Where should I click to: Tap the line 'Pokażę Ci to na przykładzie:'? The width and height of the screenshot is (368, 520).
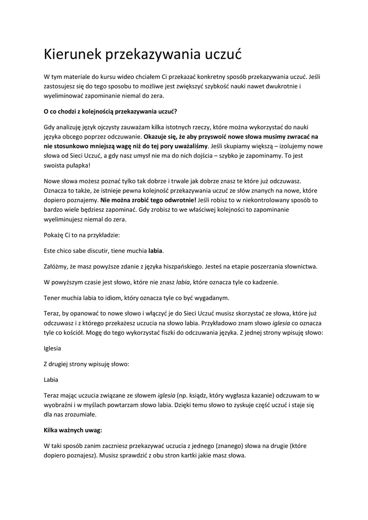[x=82, y=235]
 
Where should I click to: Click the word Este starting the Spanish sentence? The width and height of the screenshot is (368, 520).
[x=50, y=251]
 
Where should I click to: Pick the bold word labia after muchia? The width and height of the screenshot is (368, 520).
[x=156, y=251]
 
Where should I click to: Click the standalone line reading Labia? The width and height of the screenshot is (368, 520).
[x=51, y=379]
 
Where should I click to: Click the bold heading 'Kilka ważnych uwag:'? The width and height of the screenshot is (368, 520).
[x=73, y=430]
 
